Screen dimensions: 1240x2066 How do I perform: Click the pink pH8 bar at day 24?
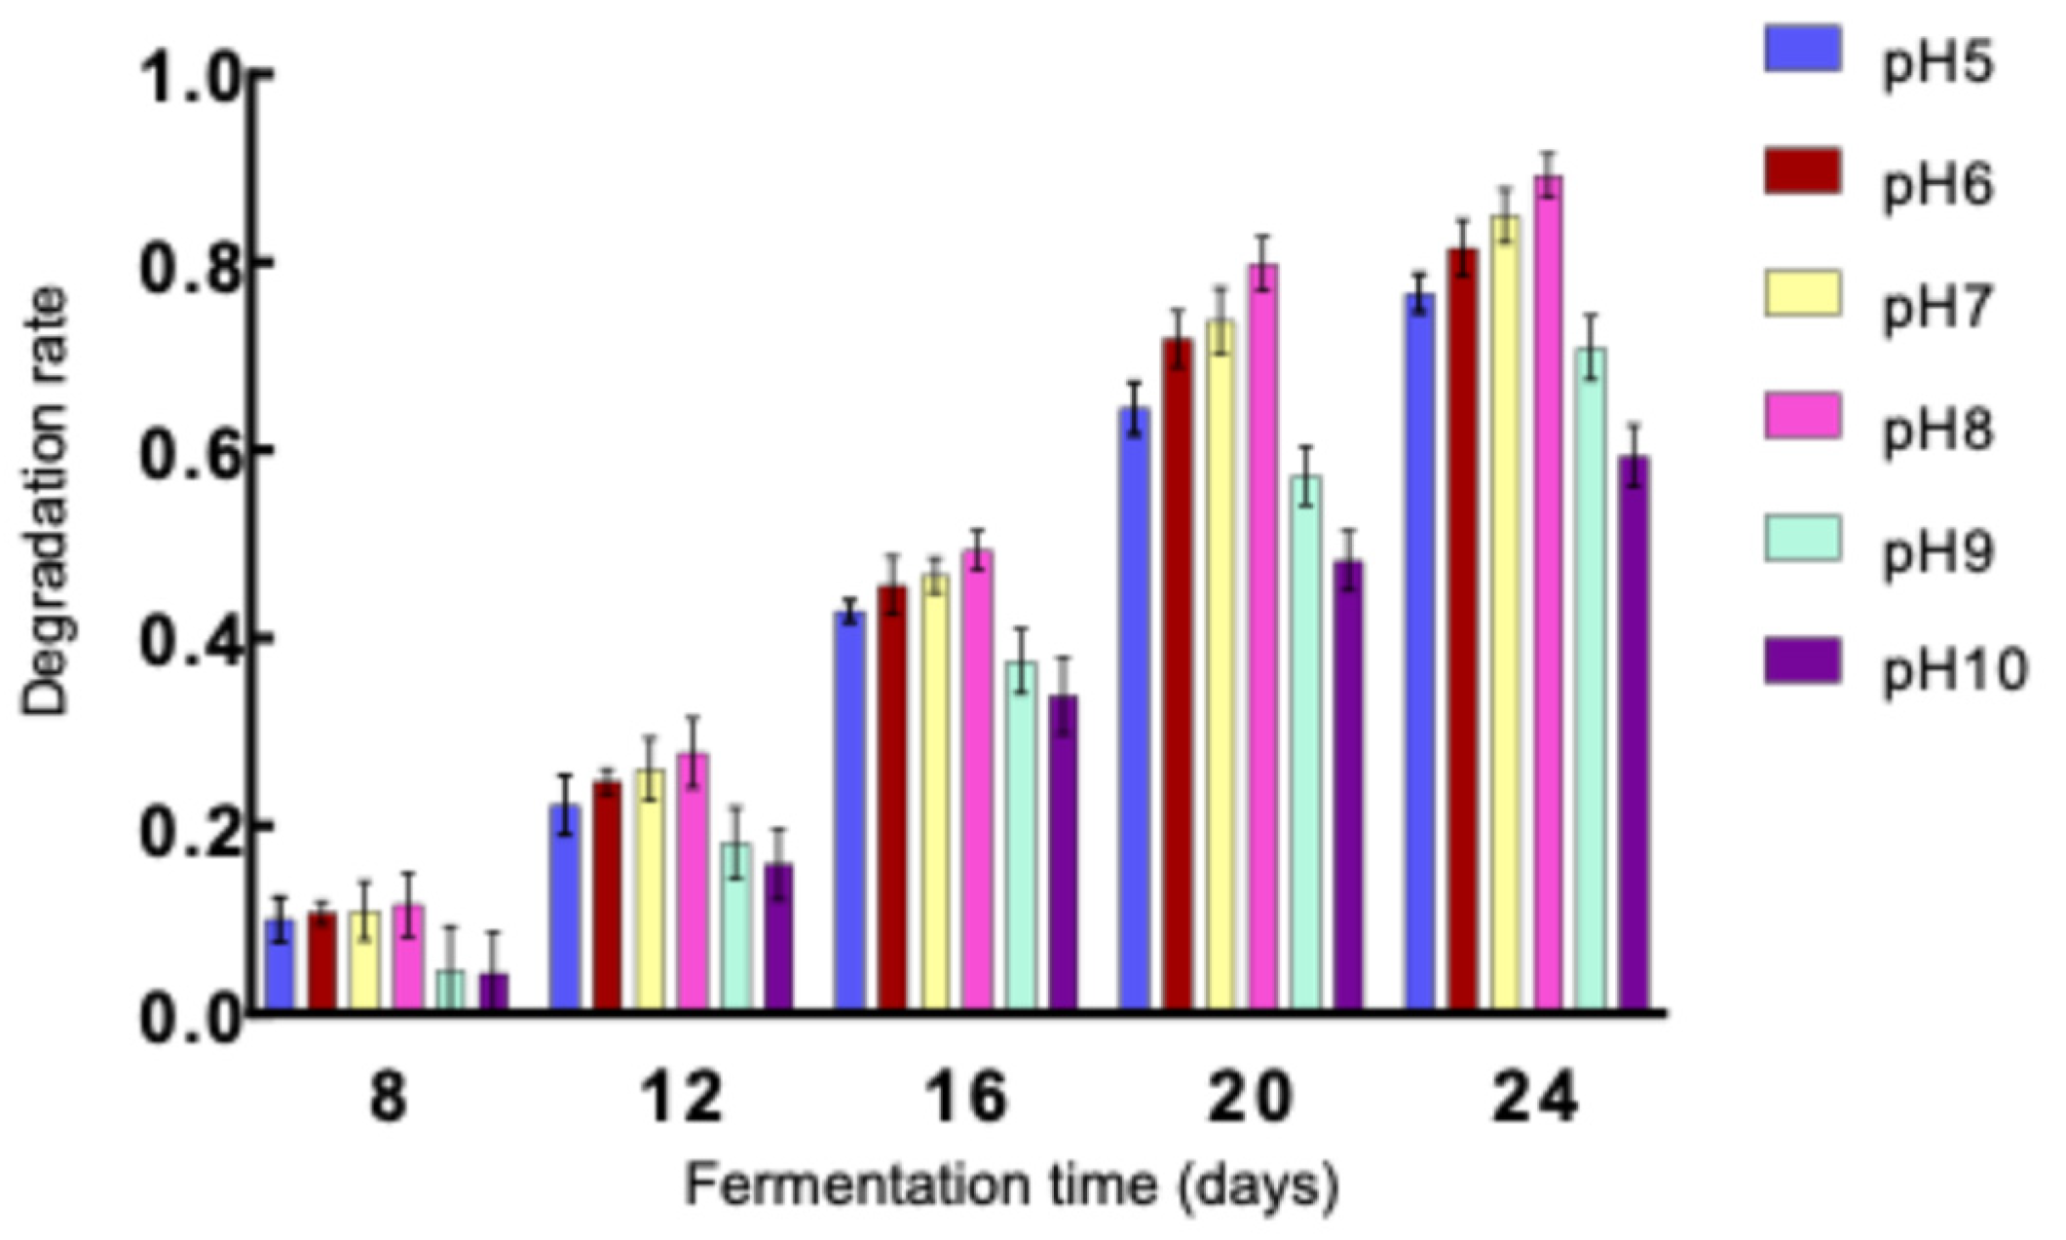click(x=1548, y=594)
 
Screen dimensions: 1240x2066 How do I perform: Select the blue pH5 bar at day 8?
click(x=280, y=964)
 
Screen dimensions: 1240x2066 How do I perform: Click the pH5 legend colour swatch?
click(x=1802, y=50)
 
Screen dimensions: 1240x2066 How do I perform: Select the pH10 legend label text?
click(x=1954, y=670)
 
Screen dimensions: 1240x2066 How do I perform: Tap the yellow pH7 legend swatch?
click(x=1802, y=294)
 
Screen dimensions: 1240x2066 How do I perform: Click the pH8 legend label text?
click(x=1938, y=430)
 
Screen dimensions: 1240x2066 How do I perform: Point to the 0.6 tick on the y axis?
click(x=257, y=450)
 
